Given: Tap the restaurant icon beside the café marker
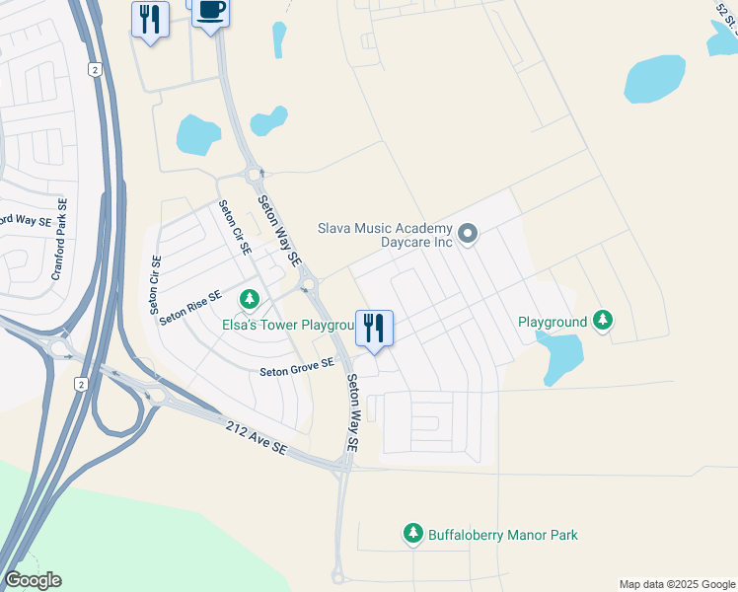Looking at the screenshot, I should tap(150, 20).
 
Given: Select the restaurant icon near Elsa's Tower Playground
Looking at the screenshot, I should tap(374, 328).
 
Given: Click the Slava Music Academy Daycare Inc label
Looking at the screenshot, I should tap(384, 234).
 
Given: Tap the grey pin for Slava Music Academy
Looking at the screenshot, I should tap(469, 234).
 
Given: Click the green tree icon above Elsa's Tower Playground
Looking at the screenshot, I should tap(250, 298).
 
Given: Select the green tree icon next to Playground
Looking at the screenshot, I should tap(603, 321).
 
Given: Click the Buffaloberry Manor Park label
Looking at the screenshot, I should tap(502, 535).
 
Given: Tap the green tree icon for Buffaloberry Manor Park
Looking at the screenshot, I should tap(413, 534).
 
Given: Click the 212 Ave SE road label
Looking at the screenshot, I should tap(255, 438).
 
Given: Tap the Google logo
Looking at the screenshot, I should tap(33, 580).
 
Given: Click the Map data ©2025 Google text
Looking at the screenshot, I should tap(677, 584).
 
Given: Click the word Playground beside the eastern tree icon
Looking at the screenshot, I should tap(553, 322).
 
